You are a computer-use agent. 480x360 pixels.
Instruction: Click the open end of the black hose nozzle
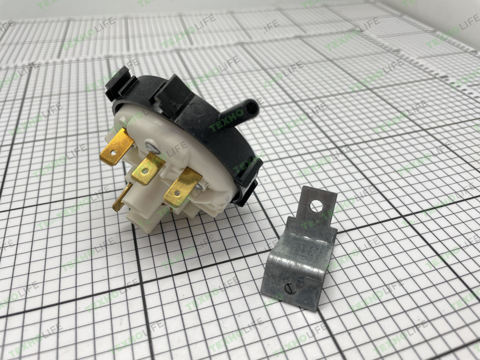252,107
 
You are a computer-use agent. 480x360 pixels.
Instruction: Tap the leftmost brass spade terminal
117,147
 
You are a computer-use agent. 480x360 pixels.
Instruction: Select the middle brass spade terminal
148,169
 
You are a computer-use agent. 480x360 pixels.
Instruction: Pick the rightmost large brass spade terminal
182,187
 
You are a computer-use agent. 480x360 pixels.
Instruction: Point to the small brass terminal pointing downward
121,197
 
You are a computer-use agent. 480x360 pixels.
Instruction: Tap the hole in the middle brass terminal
144,172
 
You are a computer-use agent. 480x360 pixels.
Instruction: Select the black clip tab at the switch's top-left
118,82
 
